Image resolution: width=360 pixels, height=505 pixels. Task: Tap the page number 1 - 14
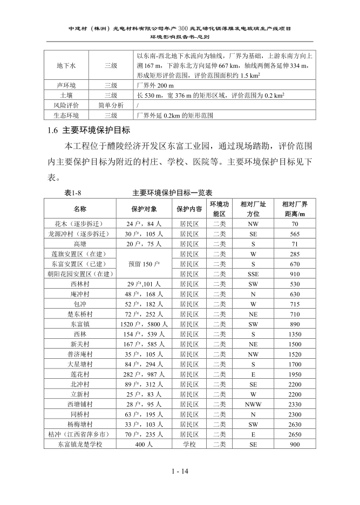coord(179,471)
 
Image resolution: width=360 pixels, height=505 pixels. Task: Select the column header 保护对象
coord(144,209)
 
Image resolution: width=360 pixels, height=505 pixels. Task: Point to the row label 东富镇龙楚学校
coord(80,444)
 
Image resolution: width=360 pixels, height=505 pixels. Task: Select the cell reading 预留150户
coord(144,264)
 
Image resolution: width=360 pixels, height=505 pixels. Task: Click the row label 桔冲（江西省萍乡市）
coord(80,434)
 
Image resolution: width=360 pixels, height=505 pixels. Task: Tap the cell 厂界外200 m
coord(158,85)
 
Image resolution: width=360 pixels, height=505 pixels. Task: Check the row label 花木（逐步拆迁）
coord(80,224)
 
